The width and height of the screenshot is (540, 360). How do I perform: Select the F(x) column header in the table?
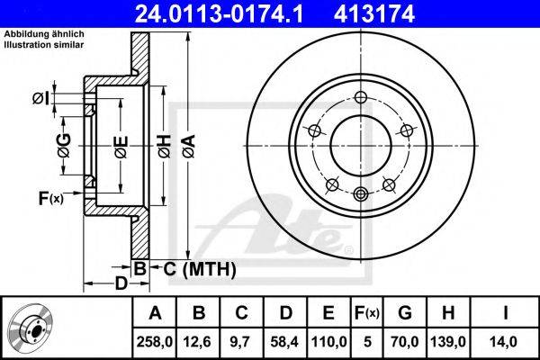(366, 313)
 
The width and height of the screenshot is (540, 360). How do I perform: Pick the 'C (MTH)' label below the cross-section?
(198, 268)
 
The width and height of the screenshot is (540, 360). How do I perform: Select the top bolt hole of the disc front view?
(361, 99)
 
